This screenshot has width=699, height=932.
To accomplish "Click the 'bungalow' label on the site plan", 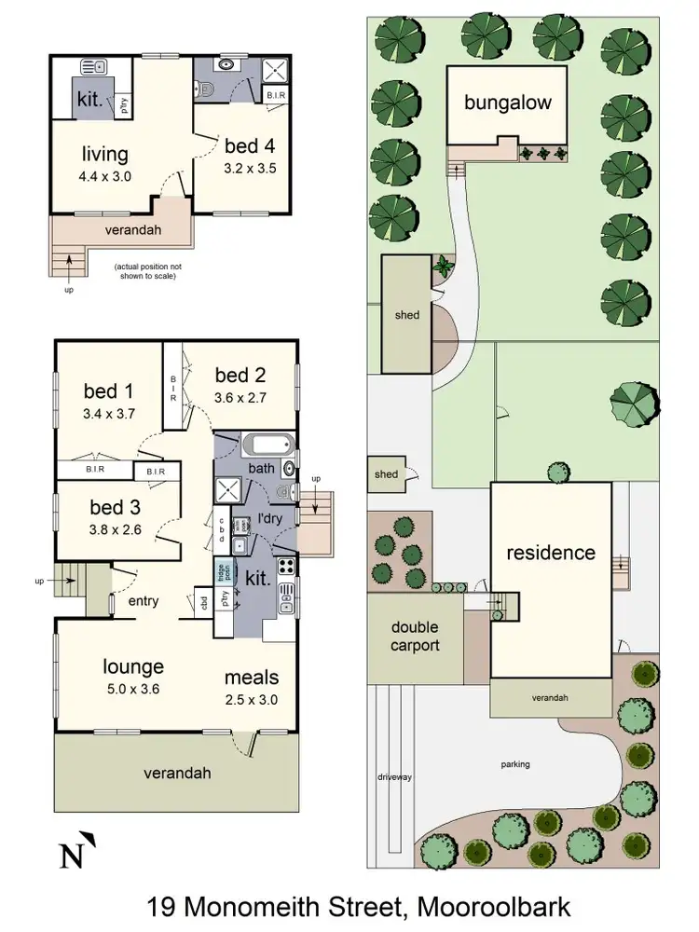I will (x=508, y=102).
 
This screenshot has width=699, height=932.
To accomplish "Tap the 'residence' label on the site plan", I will (x=550, y=553).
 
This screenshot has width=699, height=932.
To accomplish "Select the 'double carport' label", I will (x=415, y=637).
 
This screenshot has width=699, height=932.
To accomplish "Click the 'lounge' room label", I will (x=133, y=666).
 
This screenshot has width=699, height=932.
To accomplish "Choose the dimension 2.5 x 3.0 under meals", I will (x=252, y=700).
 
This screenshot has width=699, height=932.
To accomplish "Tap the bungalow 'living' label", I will (x=104, y=154).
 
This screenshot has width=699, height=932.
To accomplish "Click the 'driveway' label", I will (x=395, y=776).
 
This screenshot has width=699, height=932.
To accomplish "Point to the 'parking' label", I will (x=514, y=764).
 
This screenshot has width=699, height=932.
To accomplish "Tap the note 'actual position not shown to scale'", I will (x=145, y=271).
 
